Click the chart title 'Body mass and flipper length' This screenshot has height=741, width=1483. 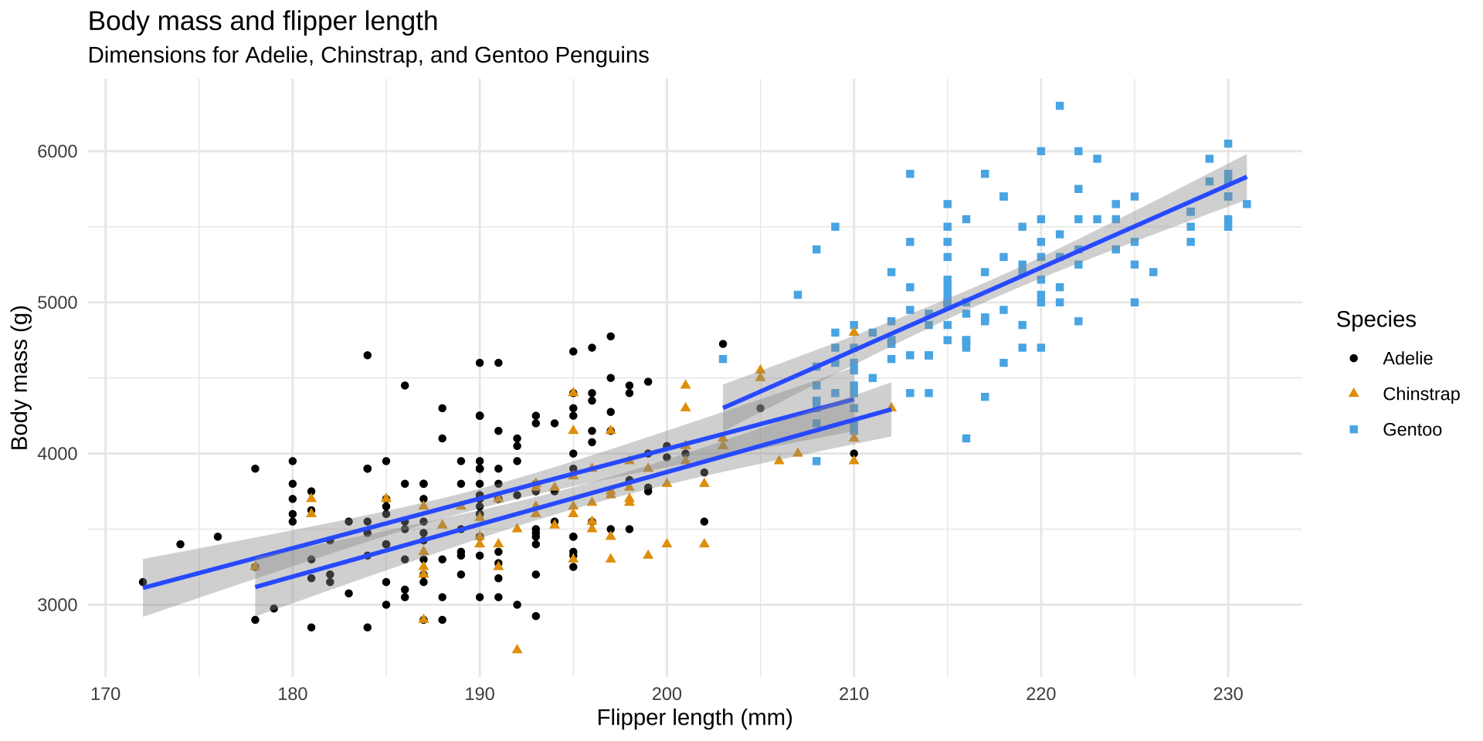(263, 22)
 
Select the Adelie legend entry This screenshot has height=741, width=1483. (1407, 359)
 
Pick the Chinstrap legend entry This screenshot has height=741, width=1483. (1420, 394)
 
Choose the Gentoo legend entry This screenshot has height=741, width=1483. (1412, 430)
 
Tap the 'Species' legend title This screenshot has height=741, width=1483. (1376, 320)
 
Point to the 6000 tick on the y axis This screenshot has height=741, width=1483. (58, 151)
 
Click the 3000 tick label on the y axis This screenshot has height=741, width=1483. (58, 605)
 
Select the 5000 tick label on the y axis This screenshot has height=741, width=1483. (58, 303)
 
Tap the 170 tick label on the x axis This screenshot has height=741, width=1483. (105, 694)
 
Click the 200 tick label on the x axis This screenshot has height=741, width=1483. (667, 694)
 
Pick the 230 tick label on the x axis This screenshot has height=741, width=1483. (1228, 694)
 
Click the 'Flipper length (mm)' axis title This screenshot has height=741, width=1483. (694, 719)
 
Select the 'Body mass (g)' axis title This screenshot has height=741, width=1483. (20, 378)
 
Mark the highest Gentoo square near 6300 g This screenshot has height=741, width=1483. (1060, 106)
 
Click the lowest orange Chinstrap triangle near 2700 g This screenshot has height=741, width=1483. (517, 649)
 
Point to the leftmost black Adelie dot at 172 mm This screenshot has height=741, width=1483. (143, 582)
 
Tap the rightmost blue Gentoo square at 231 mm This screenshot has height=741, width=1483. (1247, 205)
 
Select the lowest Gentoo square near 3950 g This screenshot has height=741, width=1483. (816, 462)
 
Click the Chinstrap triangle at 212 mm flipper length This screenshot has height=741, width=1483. (891, 407)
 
